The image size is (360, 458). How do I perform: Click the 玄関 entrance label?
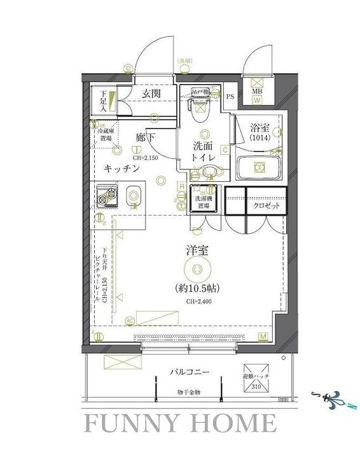click(151, 94)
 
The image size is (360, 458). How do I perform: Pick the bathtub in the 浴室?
click(260, 167)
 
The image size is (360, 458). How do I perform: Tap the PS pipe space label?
click(230, 97)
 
